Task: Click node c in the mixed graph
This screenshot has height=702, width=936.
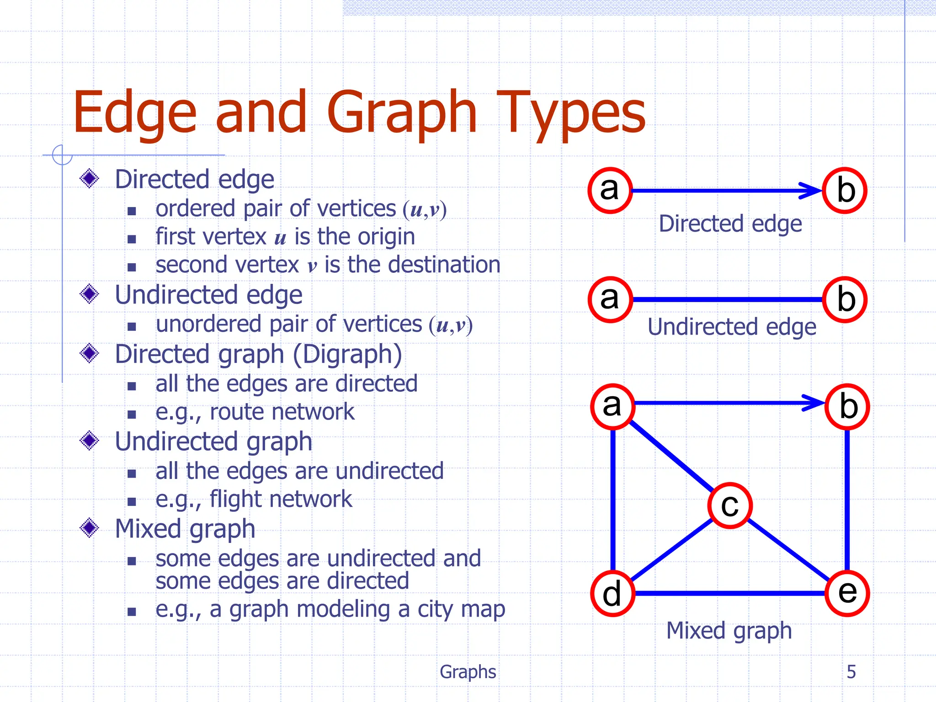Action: [x=730, y=505]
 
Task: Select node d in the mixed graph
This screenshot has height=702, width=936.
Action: [x=612, y=593]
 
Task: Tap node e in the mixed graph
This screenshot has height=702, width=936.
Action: [x=847, y=593]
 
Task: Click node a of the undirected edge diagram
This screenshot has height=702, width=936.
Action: [x=610, y=299]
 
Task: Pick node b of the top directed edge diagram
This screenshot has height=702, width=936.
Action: [x=845, y=190]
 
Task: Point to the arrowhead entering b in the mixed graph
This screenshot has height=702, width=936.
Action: [x=814, y=403]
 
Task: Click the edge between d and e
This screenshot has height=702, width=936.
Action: [x=730, y=593]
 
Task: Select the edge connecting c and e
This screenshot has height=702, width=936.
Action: [x=788, y=550]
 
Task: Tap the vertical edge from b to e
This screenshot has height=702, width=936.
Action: [x=847, y=499]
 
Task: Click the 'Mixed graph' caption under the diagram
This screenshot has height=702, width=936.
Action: [x=729, y=631]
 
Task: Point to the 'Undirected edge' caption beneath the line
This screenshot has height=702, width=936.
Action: [x=732, y=327]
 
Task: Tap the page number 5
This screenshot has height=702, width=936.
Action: [x=851, y=671]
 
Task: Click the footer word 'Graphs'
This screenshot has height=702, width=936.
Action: [x=468, y=671]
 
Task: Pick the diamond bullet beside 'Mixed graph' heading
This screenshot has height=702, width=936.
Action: [x=89, y=528]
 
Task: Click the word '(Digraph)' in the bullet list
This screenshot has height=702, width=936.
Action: [x=347, y=354]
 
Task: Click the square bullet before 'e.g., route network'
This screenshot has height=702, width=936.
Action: [x=132, y=415]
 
